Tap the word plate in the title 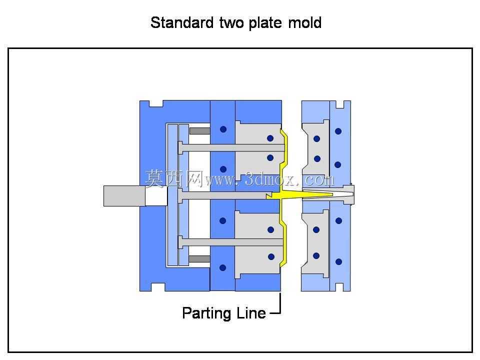coord(265,23)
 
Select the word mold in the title coord(304,22)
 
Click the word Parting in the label coord(207,313)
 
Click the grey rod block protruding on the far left coord(124,196)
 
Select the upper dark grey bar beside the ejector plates coord(199,130)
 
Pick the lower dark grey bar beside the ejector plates coord(199,259)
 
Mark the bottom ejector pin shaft coord(231,242)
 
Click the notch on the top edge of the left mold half coord(156,104)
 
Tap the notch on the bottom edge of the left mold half coord(158,287)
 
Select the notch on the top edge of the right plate coord(340,104)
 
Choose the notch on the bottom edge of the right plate coord(340,287)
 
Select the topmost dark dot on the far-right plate coord(338,131)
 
